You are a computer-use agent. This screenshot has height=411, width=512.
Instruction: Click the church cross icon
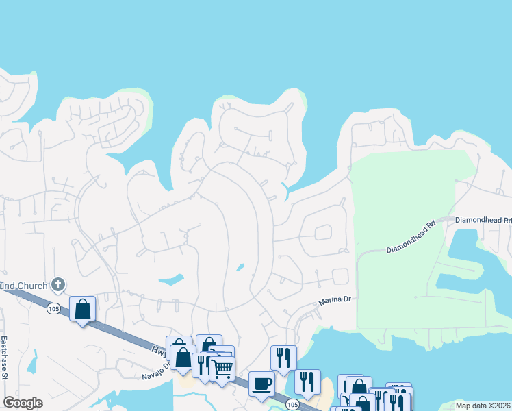coord(59,284)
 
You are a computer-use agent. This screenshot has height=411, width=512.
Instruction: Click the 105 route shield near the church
coord(53,310)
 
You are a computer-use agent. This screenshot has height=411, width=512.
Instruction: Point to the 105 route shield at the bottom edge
coord(292,405)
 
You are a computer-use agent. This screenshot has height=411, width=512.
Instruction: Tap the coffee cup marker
coord(261,384)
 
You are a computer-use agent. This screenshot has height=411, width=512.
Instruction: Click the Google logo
coord(23,403)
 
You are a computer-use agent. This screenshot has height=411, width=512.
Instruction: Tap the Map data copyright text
coord(483,406)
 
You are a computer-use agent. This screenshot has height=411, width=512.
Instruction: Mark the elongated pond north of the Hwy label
coord(171,279)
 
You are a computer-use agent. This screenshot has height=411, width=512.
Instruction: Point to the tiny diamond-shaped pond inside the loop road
coord(240,267)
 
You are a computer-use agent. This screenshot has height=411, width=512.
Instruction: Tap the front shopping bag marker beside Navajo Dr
coord(183,357)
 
